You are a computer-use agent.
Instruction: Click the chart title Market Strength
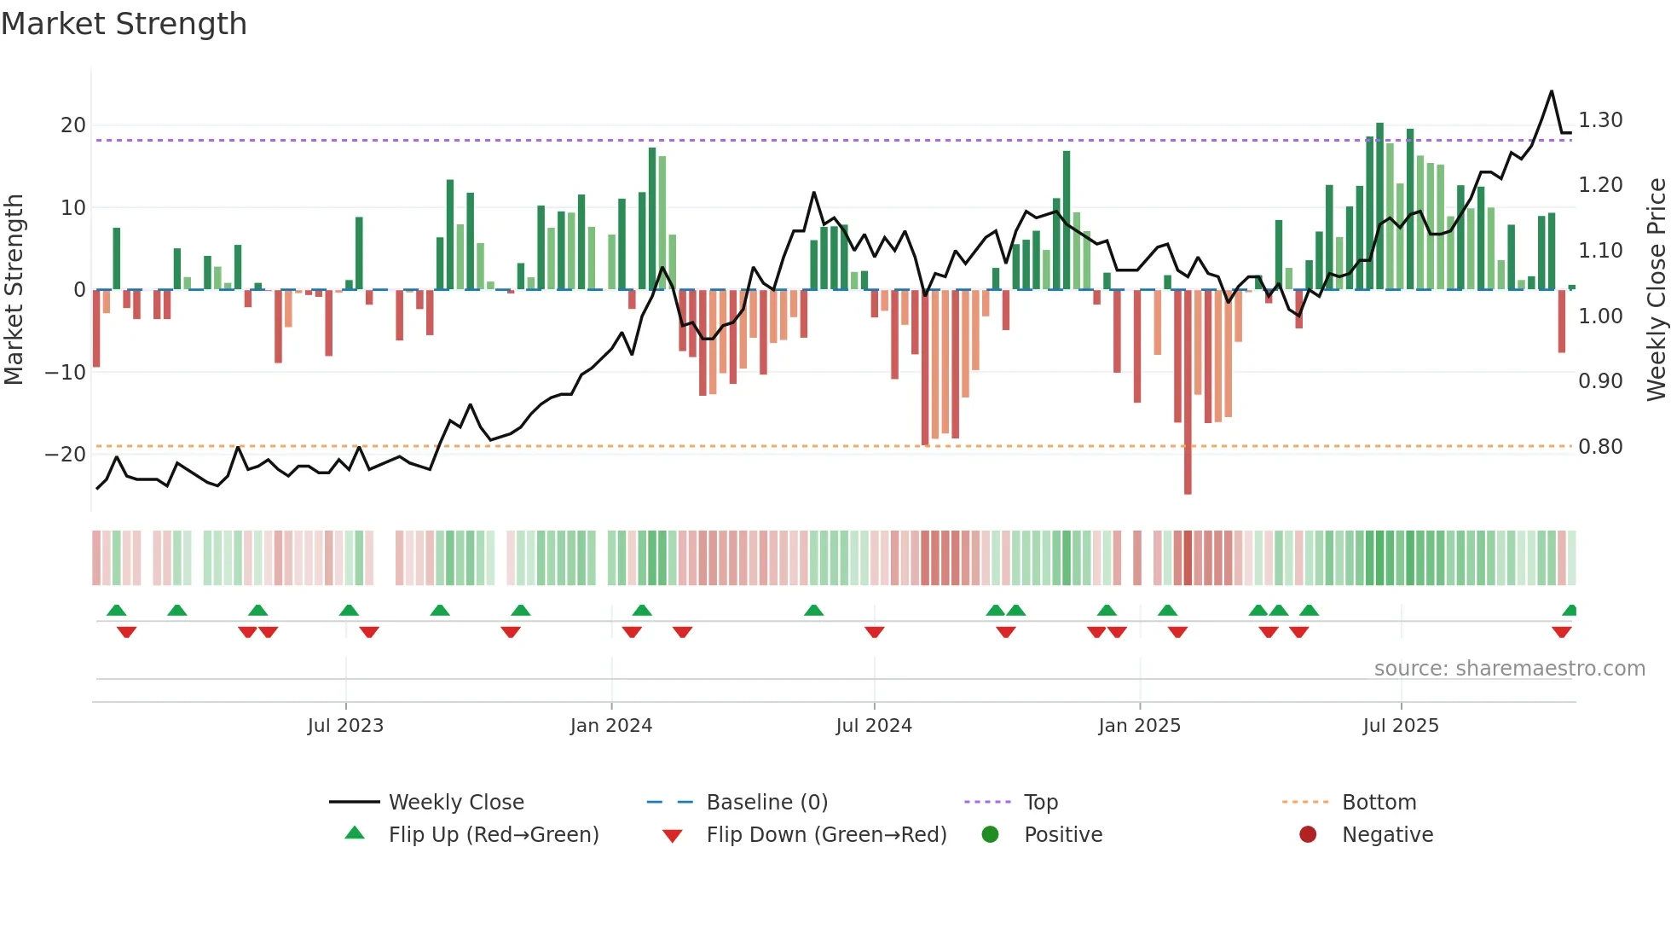point(124,24)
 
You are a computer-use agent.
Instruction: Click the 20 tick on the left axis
point(73,125)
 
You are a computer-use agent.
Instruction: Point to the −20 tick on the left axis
point(66,455)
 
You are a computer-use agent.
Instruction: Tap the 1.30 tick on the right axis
point(1600,120)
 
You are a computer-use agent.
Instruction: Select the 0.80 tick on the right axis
point(1600,447)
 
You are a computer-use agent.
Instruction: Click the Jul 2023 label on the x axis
point(345,726)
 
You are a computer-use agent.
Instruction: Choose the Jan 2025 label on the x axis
point(1139,726)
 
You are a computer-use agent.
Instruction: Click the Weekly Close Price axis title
point(1656,290)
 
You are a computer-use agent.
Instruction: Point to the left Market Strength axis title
point(14,290)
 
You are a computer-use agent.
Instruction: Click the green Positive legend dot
point(990,834)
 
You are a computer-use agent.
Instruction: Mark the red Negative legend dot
point(1308,834)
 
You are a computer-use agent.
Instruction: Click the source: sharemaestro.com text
point(1509,669)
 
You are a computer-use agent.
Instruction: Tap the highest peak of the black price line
point(1551,91)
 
